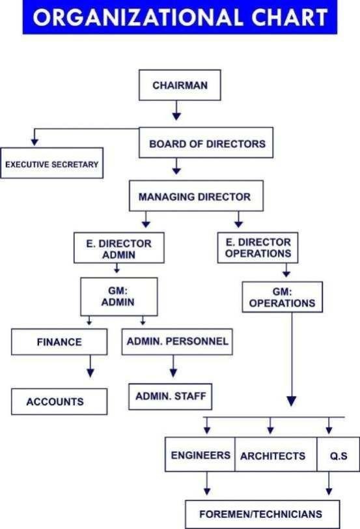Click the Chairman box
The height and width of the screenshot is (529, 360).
[x=180, y=85]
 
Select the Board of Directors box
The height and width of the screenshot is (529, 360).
[x=206, y=143]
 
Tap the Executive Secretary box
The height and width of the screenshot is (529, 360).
[x=52, y=163]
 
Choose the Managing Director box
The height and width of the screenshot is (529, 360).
[x=196, y=195]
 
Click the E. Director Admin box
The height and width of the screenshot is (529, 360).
[x=119, y=248]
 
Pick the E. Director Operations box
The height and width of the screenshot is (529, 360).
[x=258, y=248]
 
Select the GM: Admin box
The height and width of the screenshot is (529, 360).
[x=119, y=296]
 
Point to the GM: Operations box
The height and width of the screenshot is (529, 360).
[x=283, y=297]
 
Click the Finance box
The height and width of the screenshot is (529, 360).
[x=59, y=342]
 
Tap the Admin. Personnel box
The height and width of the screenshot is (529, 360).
[x=177, y=342]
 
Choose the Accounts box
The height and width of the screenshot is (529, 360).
[x=59, y=401]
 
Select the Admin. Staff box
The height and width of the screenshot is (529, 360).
[x=170, y=396]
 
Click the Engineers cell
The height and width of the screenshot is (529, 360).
[x=200, y=455]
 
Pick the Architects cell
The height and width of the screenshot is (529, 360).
[x=276, y=455]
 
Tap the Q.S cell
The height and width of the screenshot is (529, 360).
[x=338, y=455]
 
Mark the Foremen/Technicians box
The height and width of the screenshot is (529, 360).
[x=262, y=514]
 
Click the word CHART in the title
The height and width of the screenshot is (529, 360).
[x=290, y=17]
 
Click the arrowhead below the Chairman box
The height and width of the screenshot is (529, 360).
[x=176, y=116]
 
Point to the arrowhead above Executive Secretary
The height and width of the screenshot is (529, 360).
[x=35, y=141]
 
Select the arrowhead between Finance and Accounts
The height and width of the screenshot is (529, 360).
[x=90, y=373]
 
